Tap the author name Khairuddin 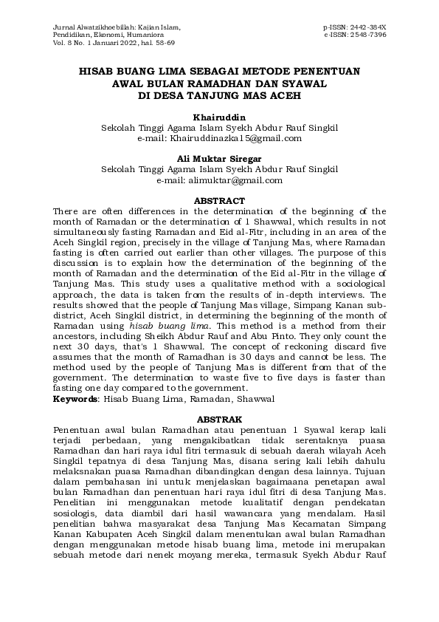coord(219,117)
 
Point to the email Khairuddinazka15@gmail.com coord(236,138)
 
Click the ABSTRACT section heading coord(219,201)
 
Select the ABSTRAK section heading coord(219,417)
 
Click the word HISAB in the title coord(98,72)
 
